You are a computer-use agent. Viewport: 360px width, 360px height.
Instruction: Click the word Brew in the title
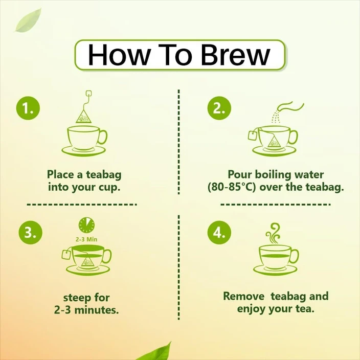[x=236, y=55]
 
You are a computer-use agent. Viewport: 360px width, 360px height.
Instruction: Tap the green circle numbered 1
[x=28, y=108]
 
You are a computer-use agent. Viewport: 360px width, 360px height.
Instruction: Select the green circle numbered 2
[x=219, y=108]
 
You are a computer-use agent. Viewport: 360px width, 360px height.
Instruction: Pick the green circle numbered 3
[x=31, y=233]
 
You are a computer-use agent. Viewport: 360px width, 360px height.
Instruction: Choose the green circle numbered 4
[x=219, y=233]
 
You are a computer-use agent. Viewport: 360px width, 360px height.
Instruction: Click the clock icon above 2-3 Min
[x=86, y=225]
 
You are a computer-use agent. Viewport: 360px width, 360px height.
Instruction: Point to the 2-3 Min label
[x=86, y=239]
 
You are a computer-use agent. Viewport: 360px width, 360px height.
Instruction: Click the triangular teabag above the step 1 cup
[x=83, y=117]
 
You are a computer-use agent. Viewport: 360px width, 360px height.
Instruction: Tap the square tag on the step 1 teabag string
[x=88, y=94]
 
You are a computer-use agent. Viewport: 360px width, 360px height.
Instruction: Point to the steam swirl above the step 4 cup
[x=273, y=233]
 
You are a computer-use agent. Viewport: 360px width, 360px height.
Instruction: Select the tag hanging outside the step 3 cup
[x=66, y=255]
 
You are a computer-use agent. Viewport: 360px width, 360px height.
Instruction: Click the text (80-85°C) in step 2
[x=232, y=187]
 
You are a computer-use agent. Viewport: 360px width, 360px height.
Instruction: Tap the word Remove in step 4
[x=243, y=296]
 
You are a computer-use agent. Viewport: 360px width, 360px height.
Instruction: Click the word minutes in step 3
[x=97, y=310]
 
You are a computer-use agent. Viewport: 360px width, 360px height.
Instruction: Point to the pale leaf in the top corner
[x=28, y=20]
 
